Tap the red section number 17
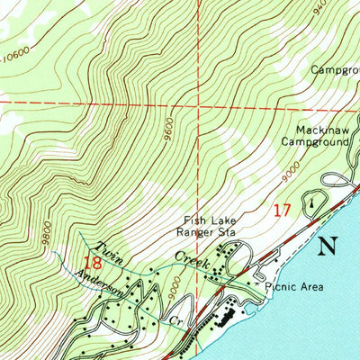tap(282, 210)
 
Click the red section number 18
tap(92, 263)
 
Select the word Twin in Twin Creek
tap(110, 249)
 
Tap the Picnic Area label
tap(296, 288)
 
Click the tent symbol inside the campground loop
tap(310, 202)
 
